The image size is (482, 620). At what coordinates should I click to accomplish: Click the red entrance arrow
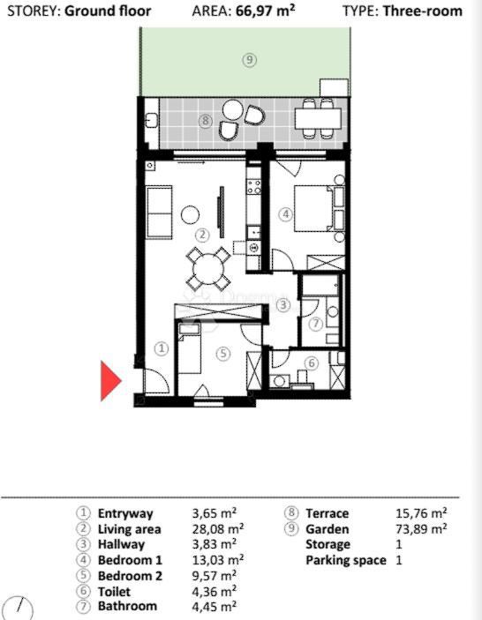(109, 381)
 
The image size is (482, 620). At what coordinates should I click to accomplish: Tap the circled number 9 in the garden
(250, 60)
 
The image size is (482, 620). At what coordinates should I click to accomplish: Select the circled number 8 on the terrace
(205, 121)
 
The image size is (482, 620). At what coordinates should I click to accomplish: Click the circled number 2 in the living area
(201, 235)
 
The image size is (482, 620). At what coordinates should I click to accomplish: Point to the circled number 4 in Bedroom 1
(285, 213)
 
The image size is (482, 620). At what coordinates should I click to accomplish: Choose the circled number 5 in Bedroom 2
(222, 353)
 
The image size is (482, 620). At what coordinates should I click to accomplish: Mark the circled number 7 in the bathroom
(316, 324)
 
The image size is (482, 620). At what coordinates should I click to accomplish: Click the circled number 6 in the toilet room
(311, 362)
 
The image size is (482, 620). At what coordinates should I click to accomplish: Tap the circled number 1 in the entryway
(162, 348)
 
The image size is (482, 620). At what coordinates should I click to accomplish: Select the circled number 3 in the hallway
(283, 305)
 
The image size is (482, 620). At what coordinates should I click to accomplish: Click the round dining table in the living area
(208, 266)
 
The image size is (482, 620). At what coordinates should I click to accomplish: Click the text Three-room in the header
(428, 11)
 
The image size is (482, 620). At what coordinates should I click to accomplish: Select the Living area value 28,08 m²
(217, 529)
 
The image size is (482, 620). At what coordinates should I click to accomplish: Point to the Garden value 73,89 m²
(422, 528)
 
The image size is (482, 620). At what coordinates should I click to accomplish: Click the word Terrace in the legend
(327, 512)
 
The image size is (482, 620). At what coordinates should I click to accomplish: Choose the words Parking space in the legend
(345, 560)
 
